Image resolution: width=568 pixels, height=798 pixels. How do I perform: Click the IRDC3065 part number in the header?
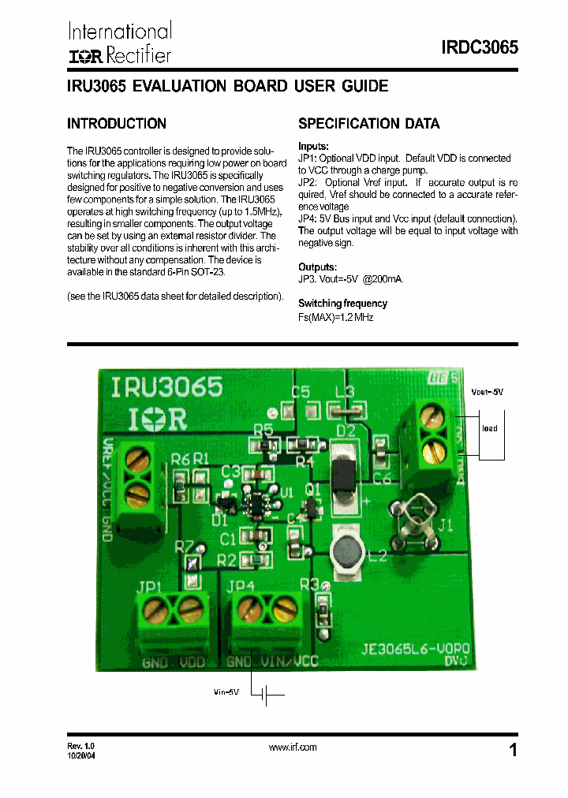coord(479,47)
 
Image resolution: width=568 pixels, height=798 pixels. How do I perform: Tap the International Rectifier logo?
coord(119,43)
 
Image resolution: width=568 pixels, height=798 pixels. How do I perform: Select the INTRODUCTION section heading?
coord(117,124)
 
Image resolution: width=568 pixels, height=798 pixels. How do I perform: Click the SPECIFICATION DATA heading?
coord(368,124)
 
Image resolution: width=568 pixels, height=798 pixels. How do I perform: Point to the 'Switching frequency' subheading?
coord(342,304)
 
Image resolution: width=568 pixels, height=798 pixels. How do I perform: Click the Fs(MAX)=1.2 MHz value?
coord(335,317)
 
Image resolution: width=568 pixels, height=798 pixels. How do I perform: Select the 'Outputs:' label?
coord(317,267)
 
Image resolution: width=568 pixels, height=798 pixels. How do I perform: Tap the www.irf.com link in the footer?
coord(293,747)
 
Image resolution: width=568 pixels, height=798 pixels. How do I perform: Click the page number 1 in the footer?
coord(514,750)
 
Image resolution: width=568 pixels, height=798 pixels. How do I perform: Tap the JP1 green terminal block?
coord(173,616)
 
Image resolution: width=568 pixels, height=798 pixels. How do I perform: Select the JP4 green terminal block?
coord(266,616)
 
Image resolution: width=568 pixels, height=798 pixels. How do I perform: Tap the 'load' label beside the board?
coord(490,428)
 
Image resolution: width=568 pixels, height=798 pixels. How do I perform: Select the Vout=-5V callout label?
coord(487,391)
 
